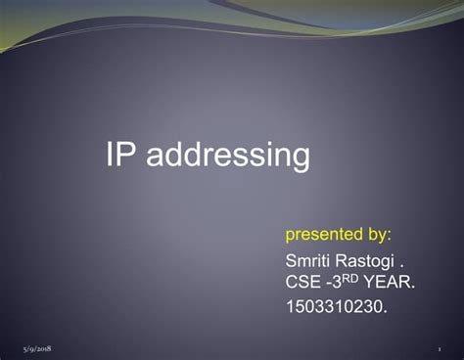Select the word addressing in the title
point(227,156)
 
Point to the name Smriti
point(308,261)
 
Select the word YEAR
point(392,283)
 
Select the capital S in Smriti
point(291,261)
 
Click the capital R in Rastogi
point(344,261)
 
